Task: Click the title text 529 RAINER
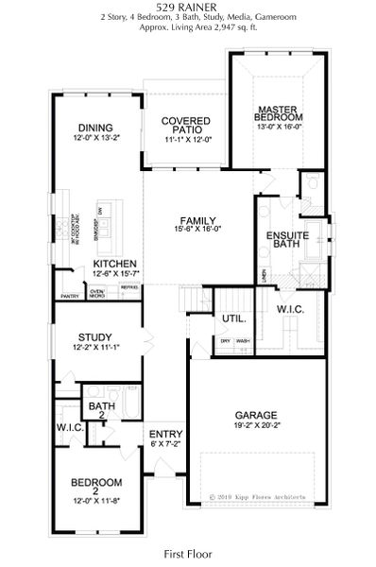(189, 7)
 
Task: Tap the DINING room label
(95, 128)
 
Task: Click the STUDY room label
(95, 337)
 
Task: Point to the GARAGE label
(256, 415)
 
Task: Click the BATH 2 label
(102, 407)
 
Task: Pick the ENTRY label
(166, 434)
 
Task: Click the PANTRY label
(69, 296)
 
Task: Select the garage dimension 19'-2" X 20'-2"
(256, 426)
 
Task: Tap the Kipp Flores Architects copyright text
(268, 493)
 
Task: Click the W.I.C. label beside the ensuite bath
(290, 309)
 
